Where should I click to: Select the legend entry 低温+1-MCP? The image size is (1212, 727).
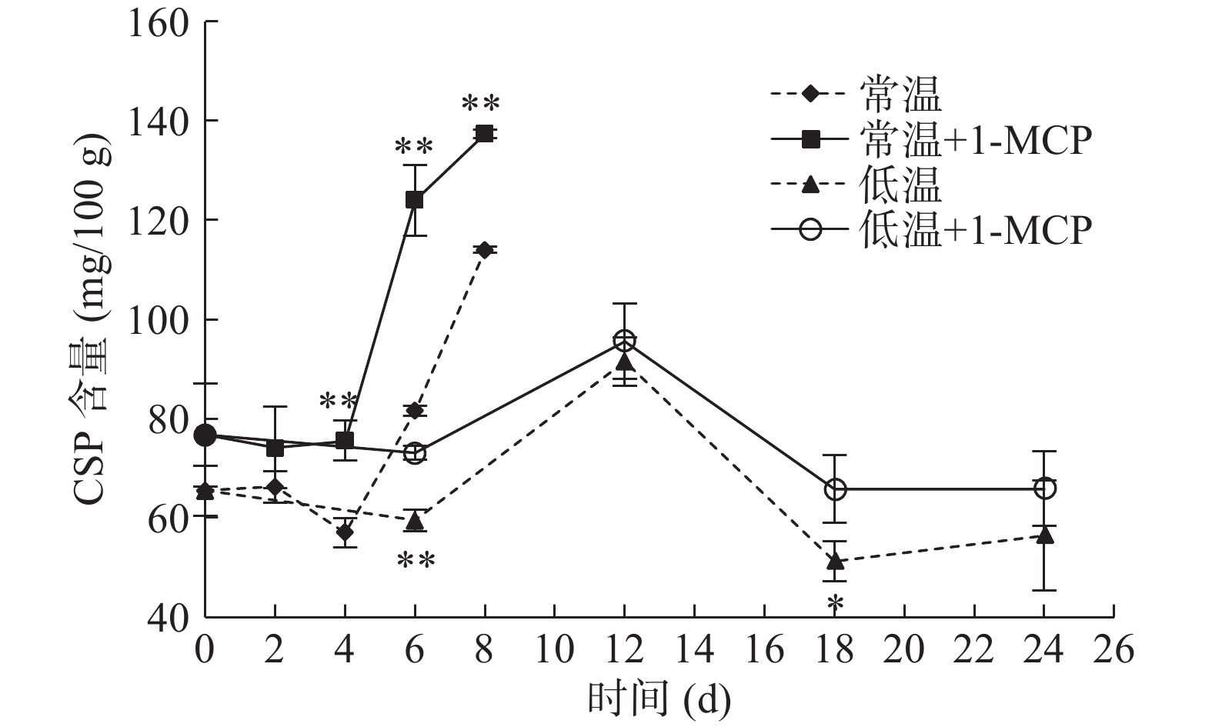(931, 228)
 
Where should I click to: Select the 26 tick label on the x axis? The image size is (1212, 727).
(1113, 650)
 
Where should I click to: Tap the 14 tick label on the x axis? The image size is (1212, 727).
(694, 650)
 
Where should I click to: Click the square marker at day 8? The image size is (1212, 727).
(485, 134)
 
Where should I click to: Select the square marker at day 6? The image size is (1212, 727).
(415, 200)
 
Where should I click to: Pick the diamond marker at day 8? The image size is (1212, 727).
(485, 250)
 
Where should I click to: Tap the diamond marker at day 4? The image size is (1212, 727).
(345, 532)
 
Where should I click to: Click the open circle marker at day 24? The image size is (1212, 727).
(1044, 489)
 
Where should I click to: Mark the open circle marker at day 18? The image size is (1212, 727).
(835, 489)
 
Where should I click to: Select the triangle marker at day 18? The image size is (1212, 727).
(835, 561)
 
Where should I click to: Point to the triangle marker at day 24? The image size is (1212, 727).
(1044, 535)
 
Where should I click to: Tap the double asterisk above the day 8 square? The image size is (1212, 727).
(481, 104)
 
